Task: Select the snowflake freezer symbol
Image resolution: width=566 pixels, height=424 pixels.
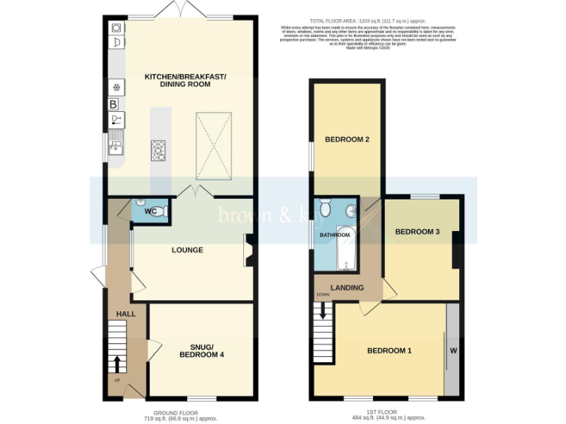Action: coord(116,87)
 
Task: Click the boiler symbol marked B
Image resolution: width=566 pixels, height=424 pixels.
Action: coord(113,105)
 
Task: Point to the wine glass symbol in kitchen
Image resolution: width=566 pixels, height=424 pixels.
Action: coord(115,120)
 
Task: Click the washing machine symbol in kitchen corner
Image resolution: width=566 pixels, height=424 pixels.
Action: coord(116,28)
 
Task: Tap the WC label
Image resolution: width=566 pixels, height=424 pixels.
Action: coord(151,212)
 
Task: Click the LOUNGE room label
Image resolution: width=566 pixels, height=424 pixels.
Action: coord(187,250)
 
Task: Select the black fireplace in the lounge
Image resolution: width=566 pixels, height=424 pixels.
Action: coord(248,250)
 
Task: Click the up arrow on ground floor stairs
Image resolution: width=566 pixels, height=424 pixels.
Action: coord(116,364)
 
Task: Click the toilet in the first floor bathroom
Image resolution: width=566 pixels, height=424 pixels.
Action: coord(326,208)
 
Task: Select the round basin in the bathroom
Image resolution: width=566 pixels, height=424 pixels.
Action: coord(353,212)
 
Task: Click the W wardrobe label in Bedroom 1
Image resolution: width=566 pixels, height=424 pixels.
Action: coord(453,350)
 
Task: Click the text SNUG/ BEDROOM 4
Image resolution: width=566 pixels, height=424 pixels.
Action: coord(201,350)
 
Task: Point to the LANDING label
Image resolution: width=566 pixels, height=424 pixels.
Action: coord(346,287)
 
